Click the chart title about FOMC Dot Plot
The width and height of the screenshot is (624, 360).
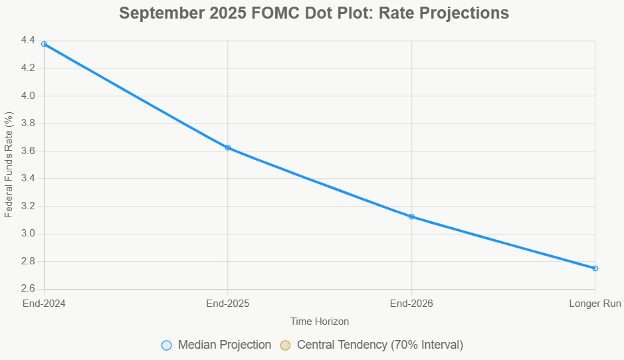click(x=314, y=13)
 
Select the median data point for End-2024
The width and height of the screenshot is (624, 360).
click(x=45, y=44)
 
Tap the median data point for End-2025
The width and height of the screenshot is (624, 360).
click(x=228, y=147)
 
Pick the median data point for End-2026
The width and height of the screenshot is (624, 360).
click(x=411, y=217)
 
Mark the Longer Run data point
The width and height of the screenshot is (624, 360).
click(x=595, y=268)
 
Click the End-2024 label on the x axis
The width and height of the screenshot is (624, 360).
click(x=45, y=304)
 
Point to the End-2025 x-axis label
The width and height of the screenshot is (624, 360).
click(x=228, y=304)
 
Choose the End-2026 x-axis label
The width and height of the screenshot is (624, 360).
click(x=411, y=304)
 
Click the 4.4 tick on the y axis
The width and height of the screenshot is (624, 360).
click(x=29, y=41)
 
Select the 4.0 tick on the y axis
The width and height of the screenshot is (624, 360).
click(x=29, y=96)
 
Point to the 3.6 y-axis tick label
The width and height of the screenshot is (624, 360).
click(x=29, y=151)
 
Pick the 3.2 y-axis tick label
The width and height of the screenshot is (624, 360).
click(x=29, y=206)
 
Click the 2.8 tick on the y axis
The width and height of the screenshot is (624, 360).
click(x=29, y=261)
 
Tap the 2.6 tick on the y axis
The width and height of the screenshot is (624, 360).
click(x=29, y=289)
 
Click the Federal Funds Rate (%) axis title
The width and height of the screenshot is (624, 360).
click(x=9, y=165)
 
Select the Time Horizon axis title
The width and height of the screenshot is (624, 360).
click(x=320, y=321)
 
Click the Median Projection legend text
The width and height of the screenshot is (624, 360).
click(x=225, y=345)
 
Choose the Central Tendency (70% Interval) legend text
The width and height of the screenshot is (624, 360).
click(x=380, y=345)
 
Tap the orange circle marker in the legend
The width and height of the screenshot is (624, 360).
click(x=286, y=345)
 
